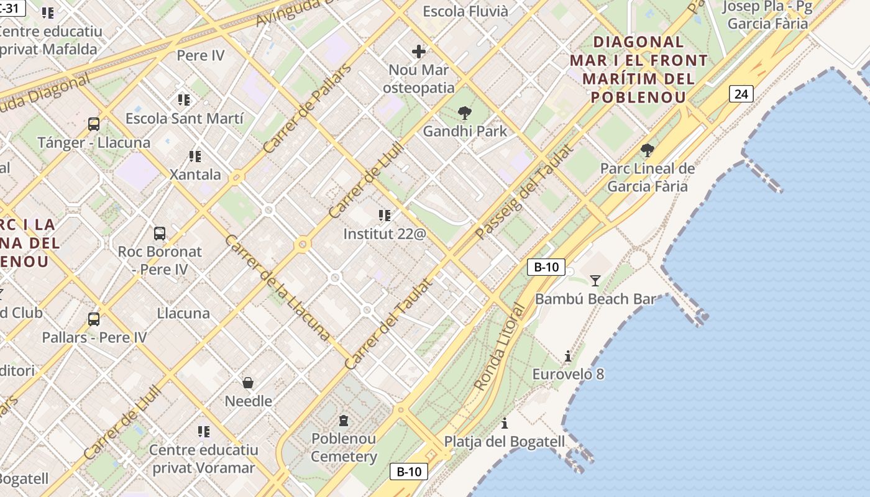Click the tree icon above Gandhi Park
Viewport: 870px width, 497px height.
[464, 112]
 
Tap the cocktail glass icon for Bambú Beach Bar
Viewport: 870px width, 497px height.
[595, 280]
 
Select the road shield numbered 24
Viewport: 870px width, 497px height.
[741, 94]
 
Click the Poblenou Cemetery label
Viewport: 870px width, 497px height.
[344, 448]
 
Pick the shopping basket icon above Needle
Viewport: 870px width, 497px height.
[248, 382]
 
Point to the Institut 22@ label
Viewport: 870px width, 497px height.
[385, 234]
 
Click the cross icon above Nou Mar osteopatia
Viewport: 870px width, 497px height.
[419, 51]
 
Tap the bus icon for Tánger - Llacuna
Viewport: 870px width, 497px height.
[94, 124]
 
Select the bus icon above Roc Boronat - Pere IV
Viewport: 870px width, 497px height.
[160, 234]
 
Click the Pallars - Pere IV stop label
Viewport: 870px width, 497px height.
[94, 337]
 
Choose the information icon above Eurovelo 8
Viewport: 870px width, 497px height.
[567, 356]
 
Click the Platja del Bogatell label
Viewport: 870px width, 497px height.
[505, 442]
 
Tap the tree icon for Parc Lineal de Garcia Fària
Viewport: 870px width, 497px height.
[647, 150]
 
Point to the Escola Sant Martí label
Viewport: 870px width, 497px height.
[185, 118]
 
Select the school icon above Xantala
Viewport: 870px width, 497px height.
[195, 156]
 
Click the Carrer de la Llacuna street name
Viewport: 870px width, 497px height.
[277, 288]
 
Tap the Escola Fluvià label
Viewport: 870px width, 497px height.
[465, 11]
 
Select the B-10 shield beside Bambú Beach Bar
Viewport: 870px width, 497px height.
[546, 267]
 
